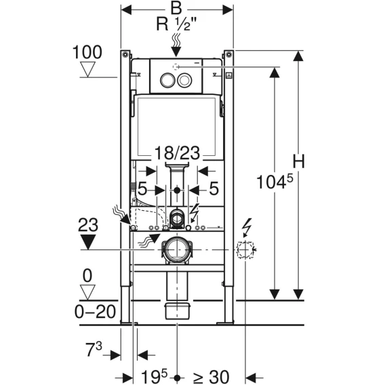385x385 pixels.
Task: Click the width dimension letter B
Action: tap(176, 8)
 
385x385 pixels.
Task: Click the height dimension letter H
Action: tap(298, 161)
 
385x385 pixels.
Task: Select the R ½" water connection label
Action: tap(176, 24)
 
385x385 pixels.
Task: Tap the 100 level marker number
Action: tap(87, 52)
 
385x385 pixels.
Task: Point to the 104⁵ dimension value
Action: tap(275, 182)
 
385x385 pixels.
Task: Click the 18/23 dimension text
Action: tap(177, 153)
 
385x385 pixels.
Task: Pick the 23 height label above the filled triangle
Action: tap(88, 224)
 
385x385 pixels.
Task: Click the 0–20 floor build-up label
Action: tap(95, 312)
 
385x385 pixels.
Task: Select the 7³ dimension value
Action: tap(94, 350)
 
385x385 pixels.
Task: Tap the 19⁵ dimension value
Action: tap(154, 376)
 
